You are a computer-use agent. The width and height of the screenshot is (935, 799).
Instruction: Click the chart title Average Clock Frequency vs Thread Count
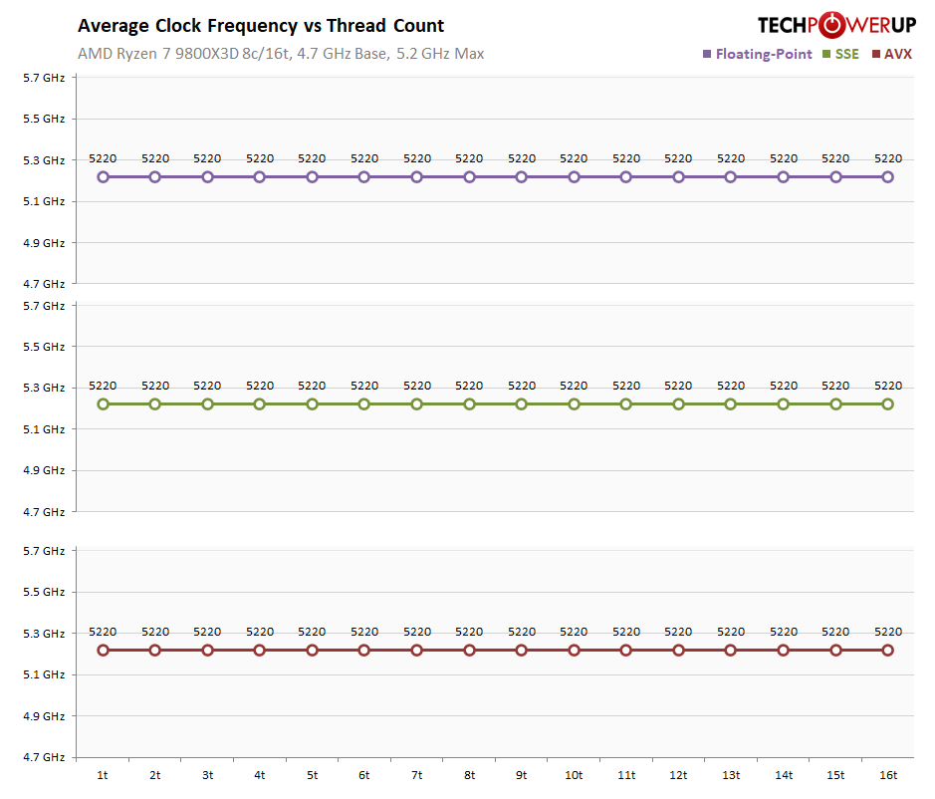(x=261, y=26)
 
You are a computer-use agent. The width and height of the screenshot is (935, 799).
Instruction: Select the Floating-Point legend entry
(x=757, y=54)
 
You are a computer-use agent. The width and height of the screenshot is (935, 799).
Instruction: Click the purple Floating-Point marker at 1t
(x=103, y=177)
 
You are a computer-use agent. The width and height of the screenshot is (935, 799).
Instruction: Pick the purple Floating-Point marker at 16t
(x=888, y=177)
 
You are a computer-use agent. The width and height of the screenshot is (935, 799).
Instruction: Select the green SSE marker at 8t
(x=469, y=404)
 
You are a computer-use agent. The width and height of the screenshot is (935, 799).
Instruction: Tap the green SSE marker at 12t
(x=678, y=404)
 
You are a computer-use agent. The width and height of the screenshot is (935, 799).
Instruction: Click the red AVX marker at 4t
(x=260, y=651)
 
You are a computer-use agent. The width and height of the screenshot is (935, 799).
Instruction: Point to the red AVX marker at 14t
(x=784, y=651)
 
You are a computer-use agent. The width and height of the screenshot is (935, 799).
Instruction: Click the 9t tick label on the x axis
(x=521, y=775)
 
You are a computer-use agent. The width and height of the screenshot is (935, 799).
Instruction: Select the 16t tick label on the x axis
(x=888, y=775)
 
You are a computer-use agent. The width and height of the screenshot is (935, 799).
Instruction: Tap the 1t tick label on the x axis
(x=103, y=775)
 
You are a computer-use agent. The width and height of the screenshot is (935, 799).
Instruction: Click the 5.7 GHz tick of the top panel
(x=45, y=78)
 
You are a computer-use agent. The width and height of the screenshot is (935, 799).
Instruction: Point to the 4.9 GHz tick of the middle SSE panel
(x=45, y=470)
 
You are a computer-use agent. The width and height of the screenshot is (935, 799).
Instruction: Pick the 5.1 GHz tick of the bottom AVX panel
(x=45, y=674)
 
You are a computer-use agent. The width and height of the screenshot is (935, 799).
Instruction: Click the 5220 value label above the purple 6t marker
(x=364, y=158)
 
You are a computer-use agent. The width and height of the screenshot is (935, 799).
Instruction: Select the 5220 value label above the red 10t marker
(x=574, y=632)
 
